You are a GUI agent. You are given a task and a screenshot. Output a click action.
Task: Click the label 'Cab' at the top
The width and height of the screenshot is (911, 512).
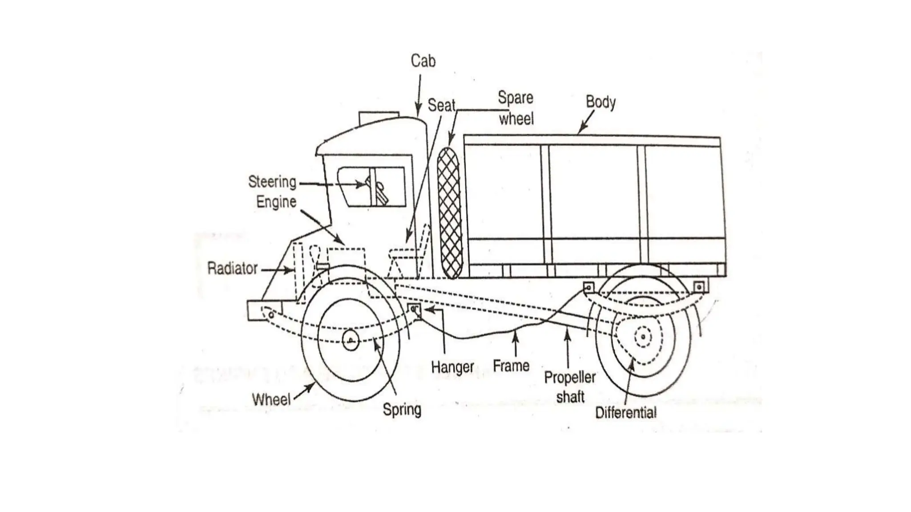click(423, 61)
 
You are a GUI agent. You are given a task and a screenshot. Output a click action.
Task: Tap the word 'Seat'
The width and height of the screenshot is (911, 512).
click(441, 105)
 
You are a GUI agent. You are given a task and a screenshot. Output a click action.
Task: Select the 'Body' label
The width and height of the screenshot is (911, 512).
click(601, 102)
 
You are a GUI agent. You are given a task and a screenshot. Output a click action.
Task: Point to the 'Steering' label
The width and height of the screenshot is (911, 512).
click(272, 182)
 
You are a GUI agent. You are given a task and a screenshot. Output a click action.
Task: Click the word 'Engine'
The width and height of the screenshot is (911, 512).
click(276, 202)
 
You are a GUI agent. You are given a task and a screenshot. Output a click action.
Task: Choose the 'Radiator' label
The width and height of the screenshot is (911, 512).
click(232, 268)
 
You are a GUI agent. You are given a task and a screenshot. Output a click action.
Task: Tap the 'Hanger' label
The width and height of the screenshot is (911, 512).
click(452, 367)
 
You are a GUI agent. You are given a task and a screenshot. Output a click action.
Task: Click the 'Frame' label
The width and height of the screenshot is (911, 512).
click(511, 366)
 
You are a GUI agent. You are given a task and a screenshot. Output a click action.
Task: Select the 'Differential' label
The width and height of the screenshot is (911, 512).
click(625, 413)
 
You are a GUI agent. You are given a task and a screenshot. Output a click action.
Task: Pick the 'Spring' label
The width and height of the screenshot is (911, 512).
click(402, 409)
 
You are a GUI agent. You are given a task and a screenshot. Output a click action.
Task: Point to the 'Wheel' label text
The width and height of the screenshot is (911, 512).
click(271, 399)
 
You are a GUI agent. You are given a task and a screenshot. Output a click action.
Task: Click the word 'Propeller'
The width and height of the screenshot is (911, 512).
click(570, 378)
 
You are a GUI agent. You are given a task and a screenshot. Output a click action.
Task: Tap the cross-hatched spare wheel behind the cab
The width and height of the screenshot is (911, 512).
click(449, 213)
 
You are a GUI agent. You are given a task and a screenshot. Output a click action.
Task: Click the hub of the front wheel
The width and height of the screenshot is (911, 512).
click(351, 341)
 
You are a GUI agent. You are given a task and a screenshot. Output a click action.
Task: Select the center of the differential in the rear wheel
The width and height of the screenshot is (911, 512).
click(643, 337)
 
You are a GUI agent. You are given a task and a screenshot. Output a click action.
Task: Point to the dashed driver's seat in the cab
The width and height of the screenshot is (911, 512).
click(407, 258)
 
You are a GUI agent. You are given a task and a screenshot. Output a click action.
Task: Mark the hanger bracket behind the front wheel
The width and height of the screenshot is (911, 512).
click(414, 308)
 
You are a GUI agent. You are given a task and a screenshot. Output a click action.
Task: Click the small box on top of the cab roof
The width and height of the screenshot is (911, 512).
click(379, 118)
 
